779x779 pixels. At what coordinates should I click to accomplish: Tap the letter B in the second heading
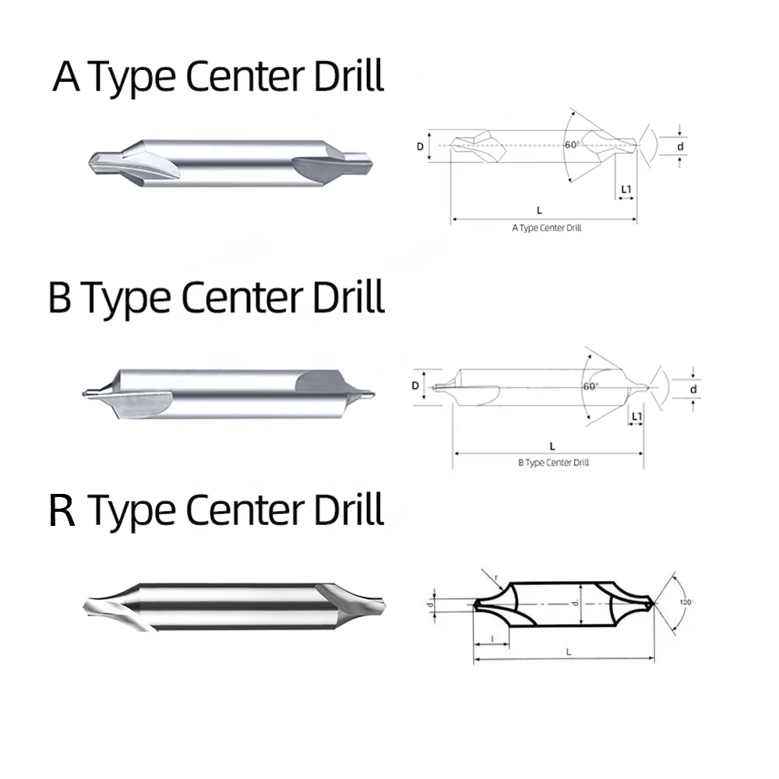pos(60,298)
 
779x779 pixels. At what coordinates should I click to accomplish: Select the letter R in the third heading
pos(62,512)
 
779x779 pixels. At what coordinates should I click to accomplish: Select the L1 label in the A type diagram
pos(626,189)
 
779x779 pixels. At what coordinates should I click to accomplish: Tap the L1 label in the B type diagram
pos(636,417)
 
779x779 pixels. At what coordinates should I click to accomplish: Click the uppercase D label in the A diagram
pos(421,146)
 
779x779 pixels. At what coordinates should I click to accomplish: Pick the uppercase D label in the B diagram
pos(416,386)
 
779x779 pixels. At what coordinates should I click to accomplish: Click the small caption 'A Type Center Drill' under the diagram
pos(546,228)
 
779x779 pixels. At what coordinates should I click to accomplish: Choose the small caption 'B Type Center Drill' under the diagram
pos(553,462)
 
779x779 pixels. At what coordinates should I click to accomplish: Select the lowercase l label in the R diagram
pos(492,638)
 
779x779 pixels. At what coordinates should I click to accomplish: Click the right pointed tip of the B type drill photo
pos(375,390)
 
